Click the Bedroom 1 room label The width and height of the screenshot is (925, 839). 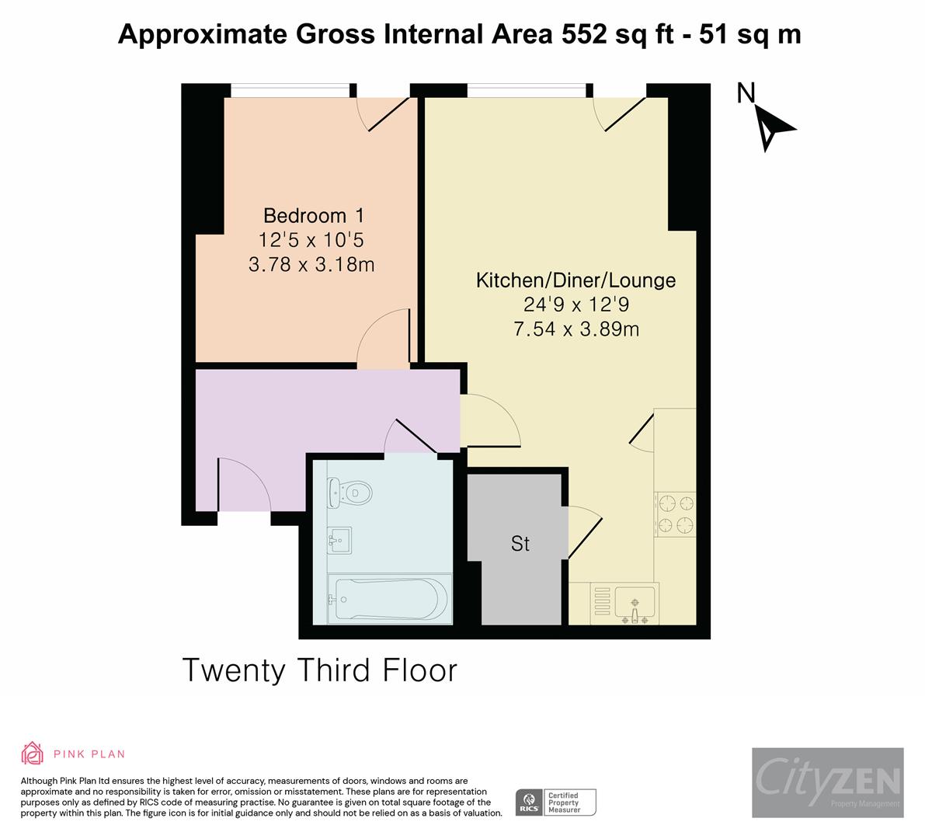[313, 215]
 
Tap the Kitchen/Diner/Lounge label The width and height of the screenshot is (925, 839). [576, 280]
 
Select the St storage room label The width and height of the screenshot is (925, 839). [520, 544]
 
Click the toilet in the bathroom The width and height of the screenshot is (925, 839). [349, 491]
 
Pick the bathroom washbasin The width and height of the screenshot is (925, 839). [340, 538]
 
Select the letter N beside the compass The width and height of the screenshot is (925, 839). [746, 93]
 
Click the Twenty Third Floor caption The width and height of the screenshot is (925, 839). [319, 670]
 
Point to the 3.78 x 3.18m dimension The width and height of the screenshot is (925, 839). [311, 265]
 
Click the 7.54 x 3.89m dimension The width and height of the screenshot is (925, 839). [576, 329]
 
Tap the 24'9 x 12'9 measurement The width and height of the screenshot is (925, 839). [576, 305]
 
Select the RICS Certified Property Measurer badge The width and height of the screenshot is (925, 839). [556, 802]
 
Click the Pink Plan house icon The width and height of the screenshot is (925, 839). [33, 754]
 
